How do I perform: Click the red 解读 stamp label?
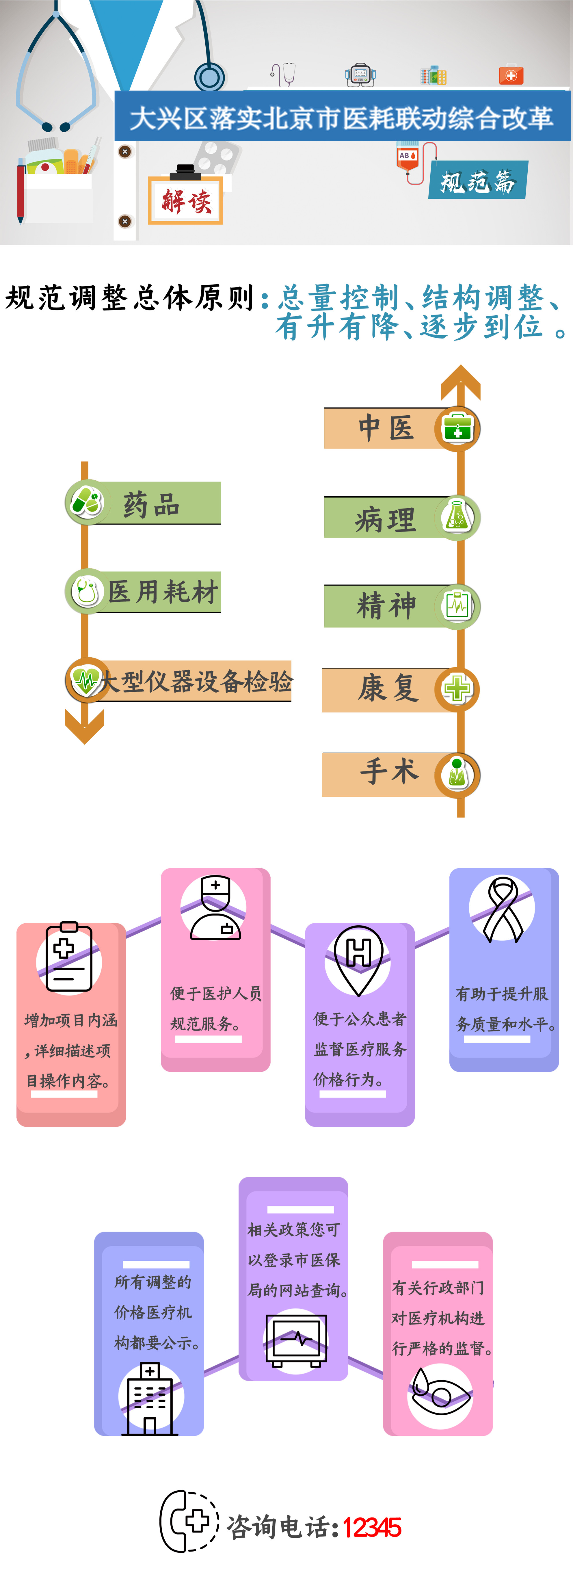(x=186, y=200)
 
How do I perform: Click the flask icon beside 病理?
(x=457, y=517)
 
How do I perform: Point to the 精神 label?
(x=386, y=606)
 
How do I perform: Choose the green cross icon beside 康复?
(x=457, y=689)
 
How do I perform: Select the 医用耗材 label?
(x=163, y=592)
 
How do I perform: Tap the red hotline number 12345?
(x=372, y=1528)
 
